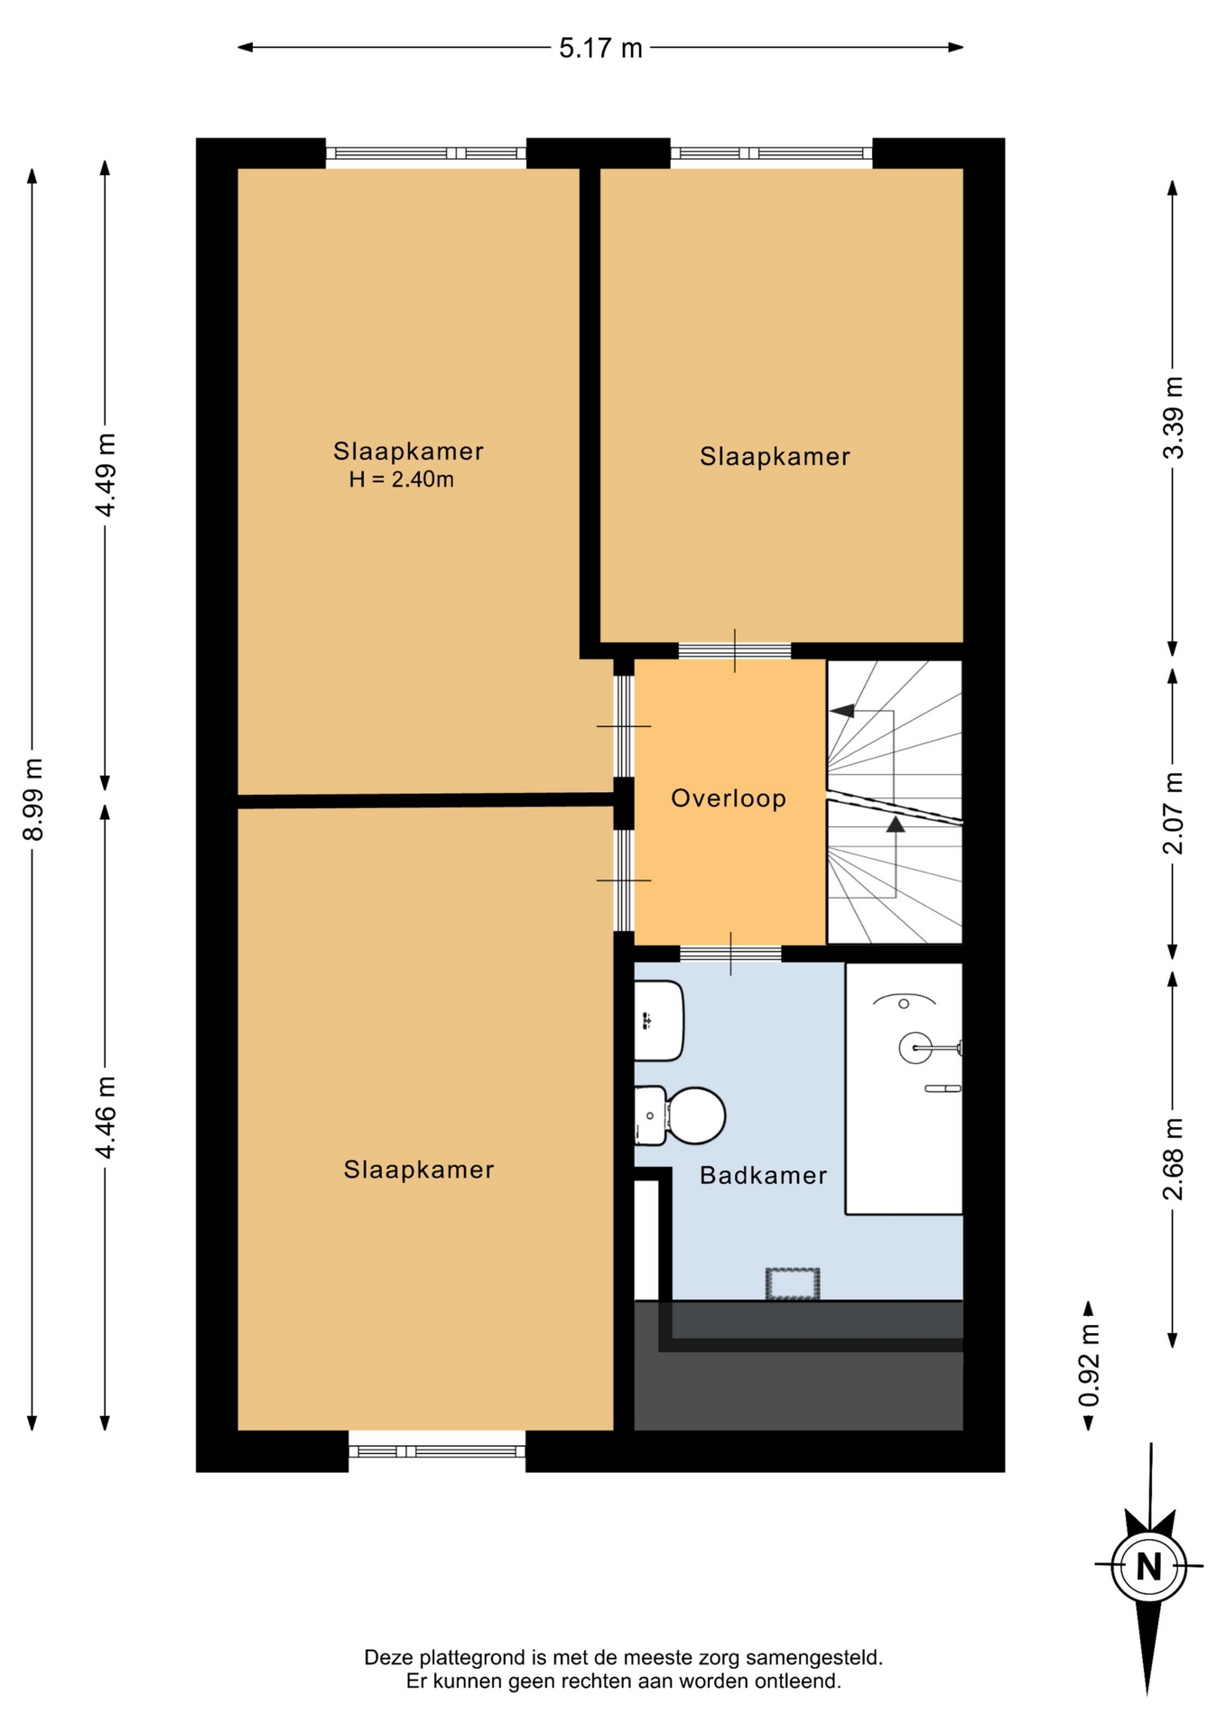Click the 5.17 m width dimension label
pyautogui.click(x=600, y=48)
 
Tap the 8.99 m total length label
pyautogui.click(x=33, y=799)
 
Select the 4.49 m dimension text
pyautogui.click(x=106, y=475)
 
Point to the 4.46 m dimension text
pyautogui.click(x=106, y=1117)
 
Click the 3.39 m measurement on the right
pyautogui.click(x=1173, y=417)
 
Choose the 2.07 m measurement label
pyautogui.click(x=1173, y=813)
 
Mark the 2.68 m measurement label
pyautogui.click(x=1173, y=1159)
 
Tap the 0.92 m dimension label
pyautogui.click(x=1090, y=1366)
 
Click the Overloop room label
pyautogui.click(x=729, y=798)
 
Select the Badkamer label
pyautogui.click(x=764, y=1175)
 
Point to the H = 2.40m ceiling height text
pyautogui.click(x=402, y=480)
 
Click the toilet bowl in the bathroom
pyautogui.click(x=695, y=1115)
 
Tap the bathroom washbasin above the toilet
pyautogui.click(x=658, y=1021)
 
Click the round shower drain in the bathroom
pyautogui.click(x=915, y=1048)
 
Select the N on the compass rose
pyautogui.click(x=1148, y=1566)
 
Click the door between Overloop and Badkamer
pyautogui.click(x=730, y=954)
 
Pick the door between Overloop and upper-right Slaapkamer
pyautogui.click(x=735, y=650)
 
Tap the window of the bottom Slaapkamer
pyautogui.click(x=437, y=1451)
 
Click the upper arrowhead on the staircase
pyautogui.click(x=842, y=711)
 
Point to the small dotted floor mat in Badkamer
pyautogui.click(x=793, y=1283)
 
